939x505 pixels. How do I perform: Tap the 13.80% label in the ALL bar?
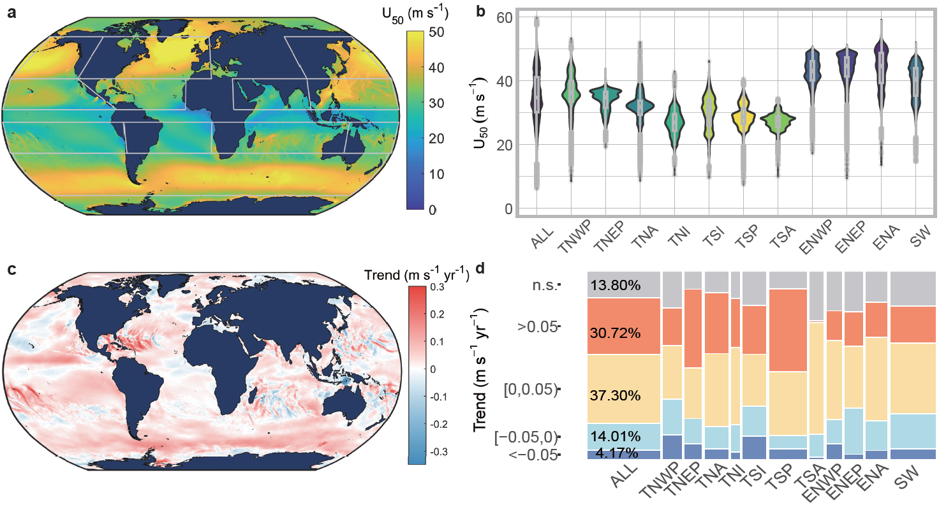(615, 285)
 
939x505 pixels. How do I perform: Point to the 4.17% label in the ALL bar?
(616, 453)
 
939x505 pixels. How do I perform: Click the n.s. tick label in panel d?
(546, 284)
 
